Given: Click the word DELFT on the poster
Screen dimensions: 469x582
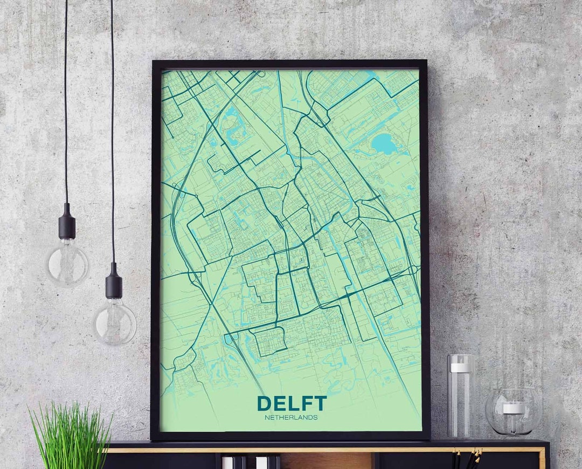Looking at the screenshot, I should coord(292,404).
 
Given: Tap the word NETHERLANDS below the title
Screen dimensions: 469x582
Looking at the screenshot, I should coord(291,417).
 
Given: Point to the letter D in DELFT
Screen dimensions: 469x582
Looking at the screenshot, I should coord(264,404).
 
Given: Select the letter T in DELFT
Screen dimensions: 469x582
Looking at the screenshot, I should coord(320,404).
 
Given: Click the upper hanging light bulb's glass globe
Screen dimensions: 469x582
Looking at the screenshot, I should coord(67,264).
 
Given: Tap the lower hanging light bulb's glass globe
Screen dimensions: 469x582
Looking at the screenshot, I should coord(114,322).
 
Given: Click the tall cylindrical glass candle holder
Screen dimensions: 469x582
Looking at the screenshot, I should coord(461,396).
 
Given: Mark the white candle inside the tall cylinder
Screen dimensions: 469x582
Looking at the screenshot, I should coord(461,368).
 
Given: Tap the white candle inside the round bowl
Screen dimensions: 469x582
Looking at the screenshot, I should coord(514,408).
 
